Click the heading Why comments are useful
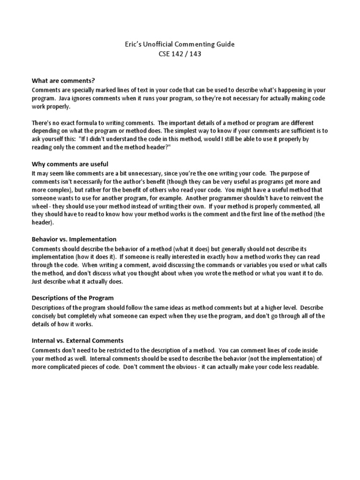(x=70, y=164)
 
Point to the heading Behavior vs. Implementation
(x=74, y=239)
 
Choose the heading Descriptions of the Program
(x=73, y=298)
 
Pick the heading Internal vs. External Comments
(x=77, y=340)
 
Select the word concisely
(x=46, y=316)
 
